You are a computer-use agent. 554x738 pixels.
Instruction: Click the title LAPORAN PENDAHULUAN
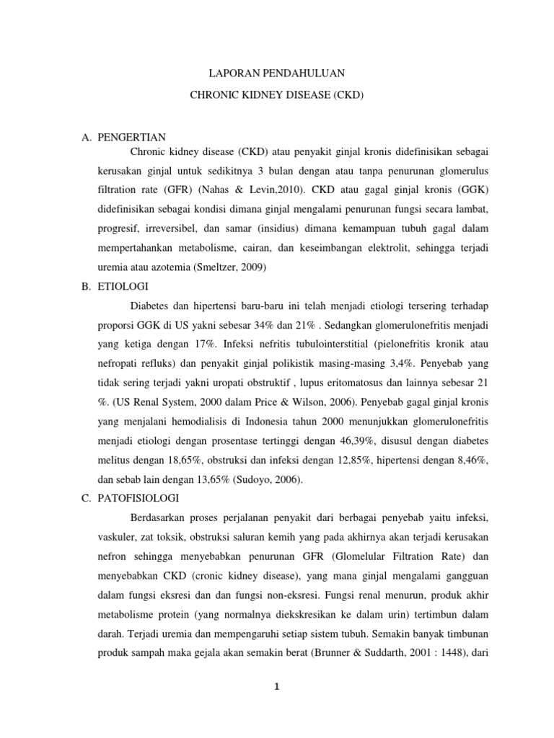[276, 73]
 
